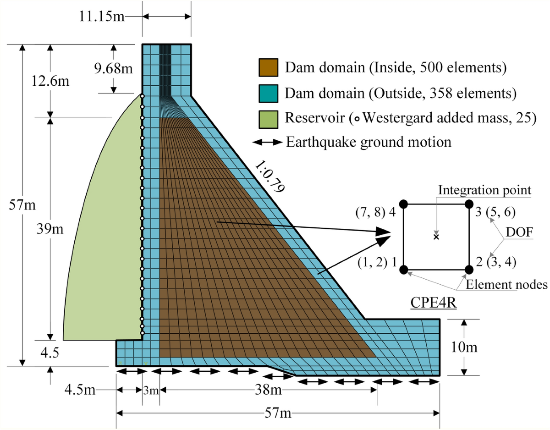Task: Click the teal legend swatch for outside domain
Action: coord(268,93)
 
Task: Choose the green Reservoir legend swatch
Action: coord(268,117)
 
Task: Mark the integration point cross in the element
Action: coord(436,237)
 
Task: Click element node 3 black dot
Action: coord(468,204)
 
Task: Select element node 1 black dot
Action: coord(404,270)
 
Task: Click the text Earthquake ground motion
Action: coord(368,142)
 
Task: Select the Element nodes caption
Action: coord(506,285)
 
